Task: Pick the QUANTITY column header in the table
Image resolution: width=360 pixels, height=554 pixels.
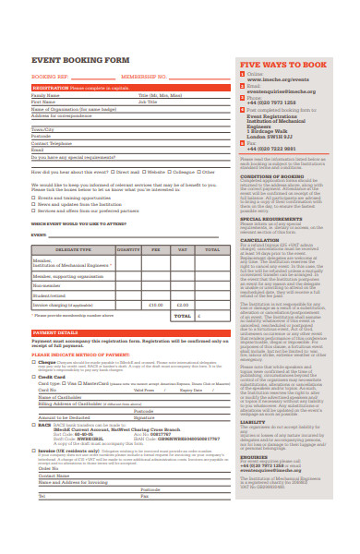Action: (128, 249)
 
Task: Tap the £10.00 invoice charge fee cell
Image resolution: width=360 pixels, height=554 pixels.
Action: (155, 304)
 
